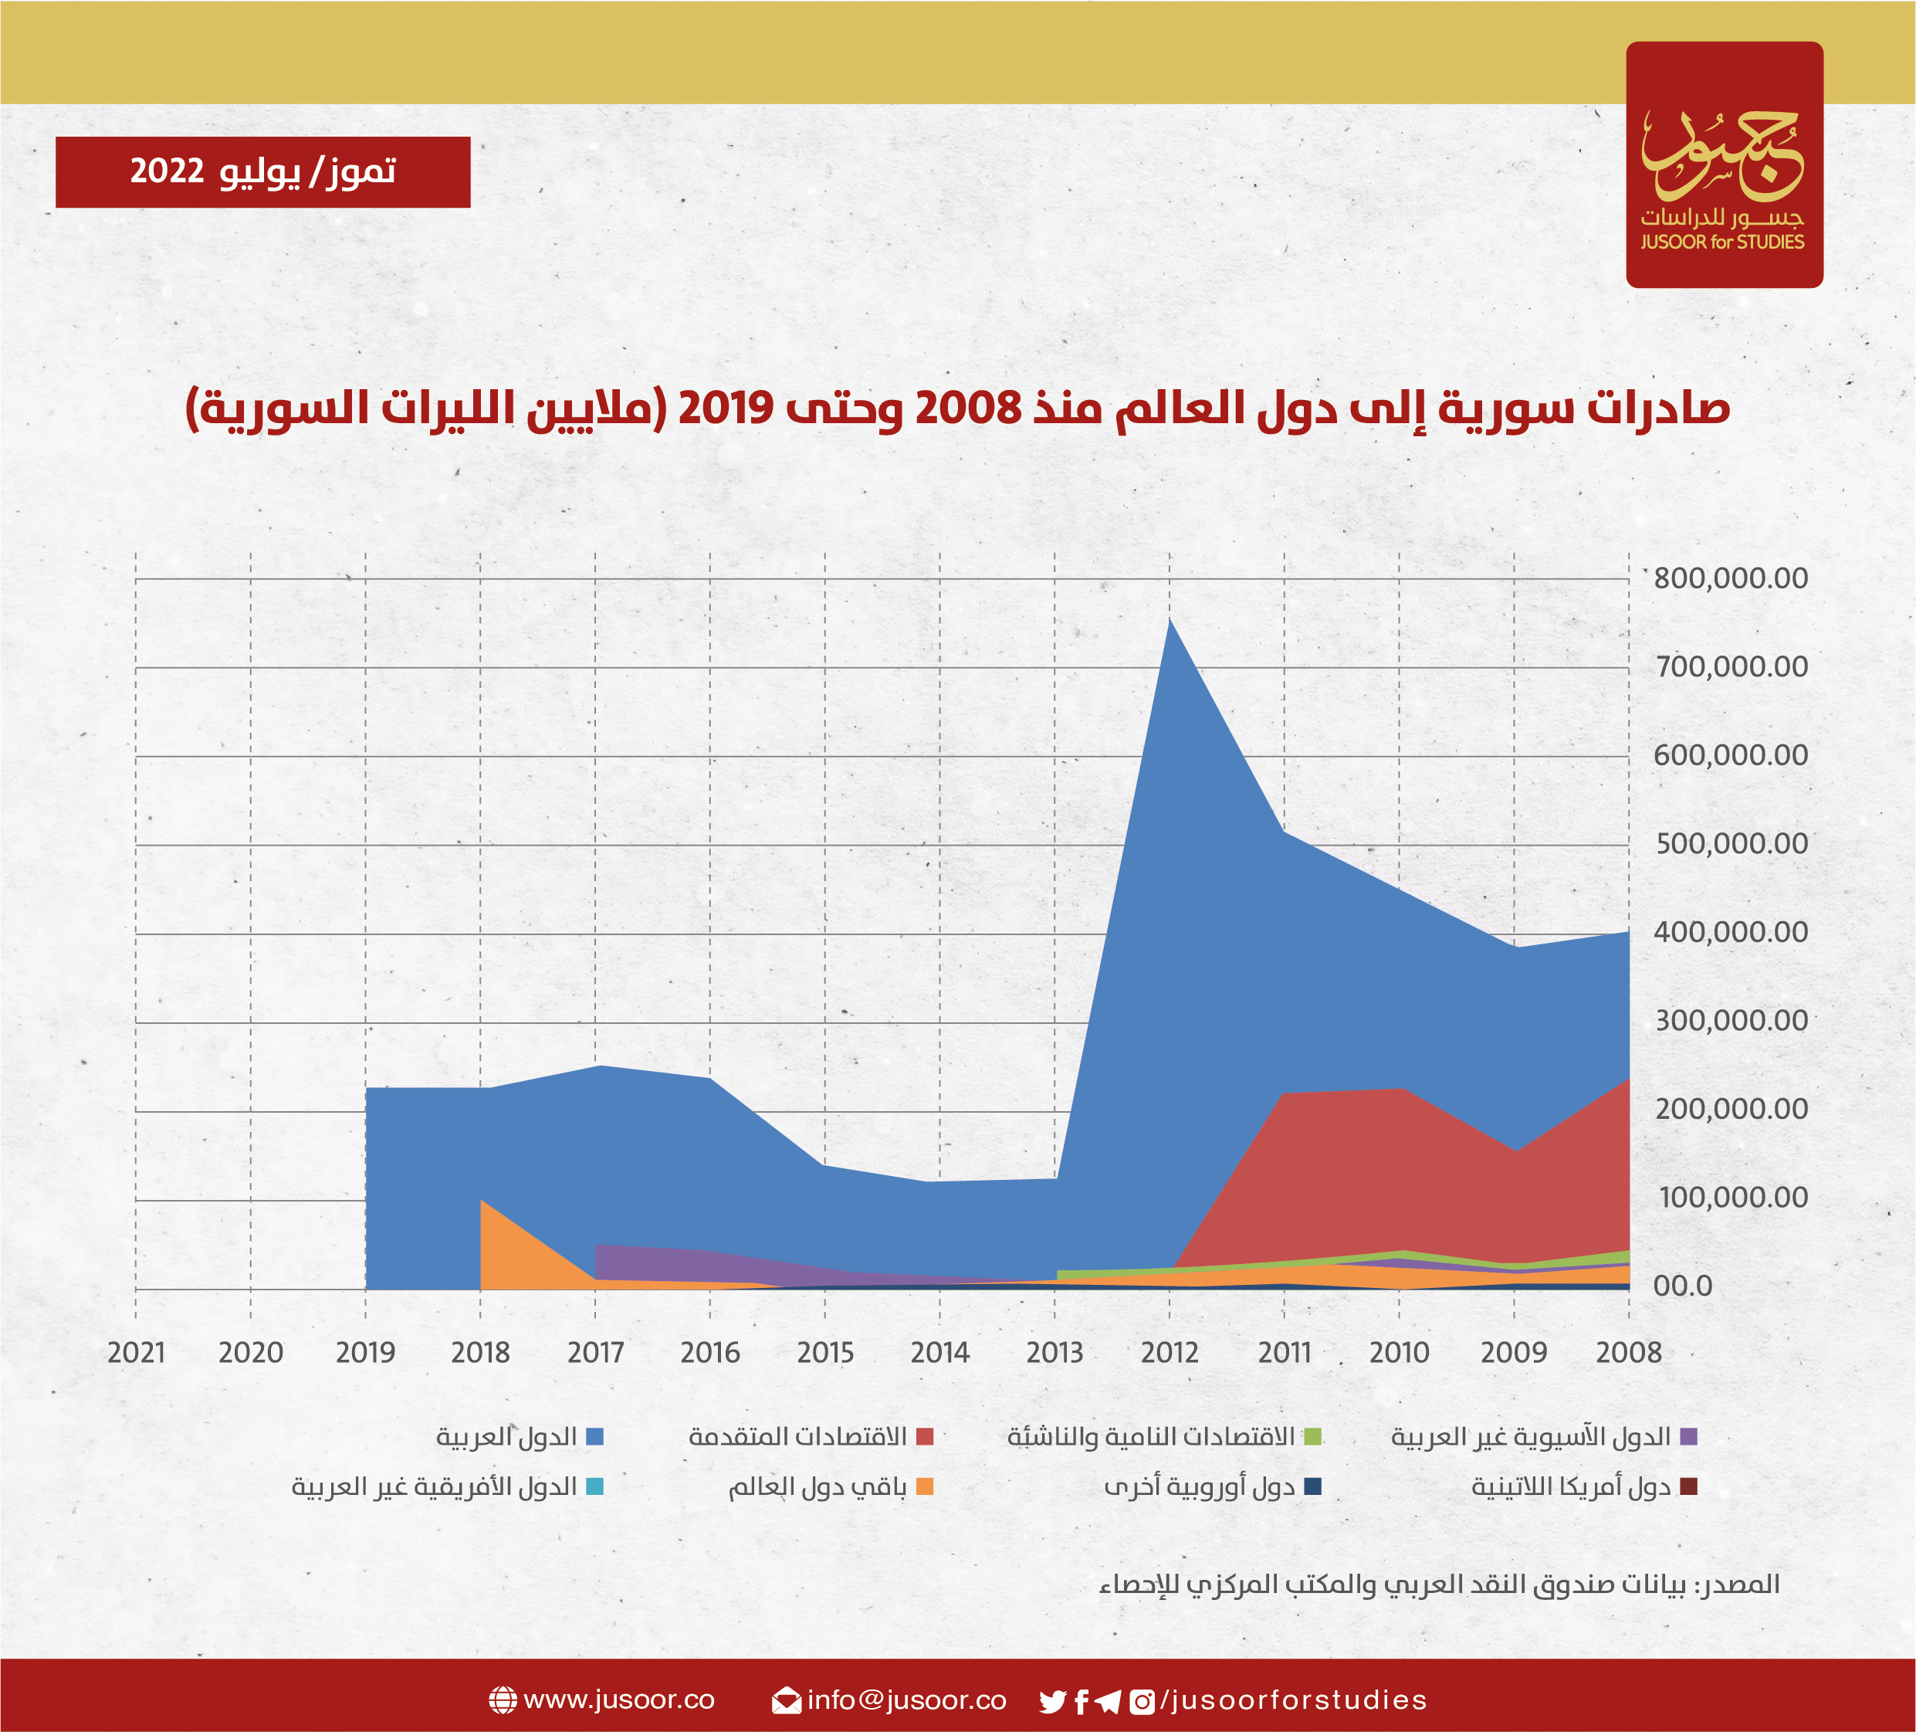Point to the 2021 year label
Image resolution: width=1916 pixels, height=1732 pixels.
click(136, 1352)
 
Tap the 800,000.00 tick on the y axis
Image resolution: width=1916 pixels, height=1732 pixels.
click(1731, 578)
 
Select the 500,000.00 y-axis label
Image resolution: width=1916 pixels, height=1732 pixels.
click(1731, 843)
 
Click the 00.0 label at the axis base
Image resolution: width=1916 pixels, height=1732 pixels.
click(1682, 1286)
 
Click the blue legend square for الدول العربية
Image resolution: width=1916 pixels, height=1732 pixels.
click(595, 1436)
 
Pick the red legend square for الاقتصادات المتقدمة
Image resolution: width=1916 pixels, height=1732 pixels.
click(925, 1436)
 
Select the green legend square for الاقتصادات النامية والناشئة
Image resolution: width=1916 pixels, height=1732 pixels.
click(1312, 1436)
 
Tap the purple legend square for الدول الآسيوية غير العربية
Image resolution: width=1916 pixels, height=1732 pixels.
click(1689, 1436)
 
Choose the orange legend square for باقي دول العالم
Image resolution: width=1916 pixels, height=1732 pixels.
click(925, 1486)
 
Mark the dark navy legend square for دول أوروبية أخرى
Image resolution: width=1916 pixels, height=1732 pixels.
click(1312, 1486)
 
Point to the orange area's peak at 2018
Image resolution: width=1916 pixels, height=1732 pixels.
click(482, 1202)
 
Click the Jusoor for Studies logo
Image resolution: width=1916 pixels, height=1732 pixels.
click(1724, 164)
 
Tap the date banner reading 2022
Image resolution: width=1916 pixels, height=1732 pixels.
click(262, 172)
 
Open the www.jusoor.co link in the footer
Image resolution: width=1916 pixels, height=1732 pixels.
click(618, 1700)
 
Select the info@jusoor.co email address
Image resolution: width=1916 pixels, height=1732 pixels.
click(906, 1700)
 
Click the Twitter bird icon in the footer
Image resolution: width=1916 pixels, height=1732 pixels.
click(1052, 1700)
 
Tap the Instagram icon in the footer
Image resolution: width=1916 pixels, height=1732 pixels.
click(1142, 1700)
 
